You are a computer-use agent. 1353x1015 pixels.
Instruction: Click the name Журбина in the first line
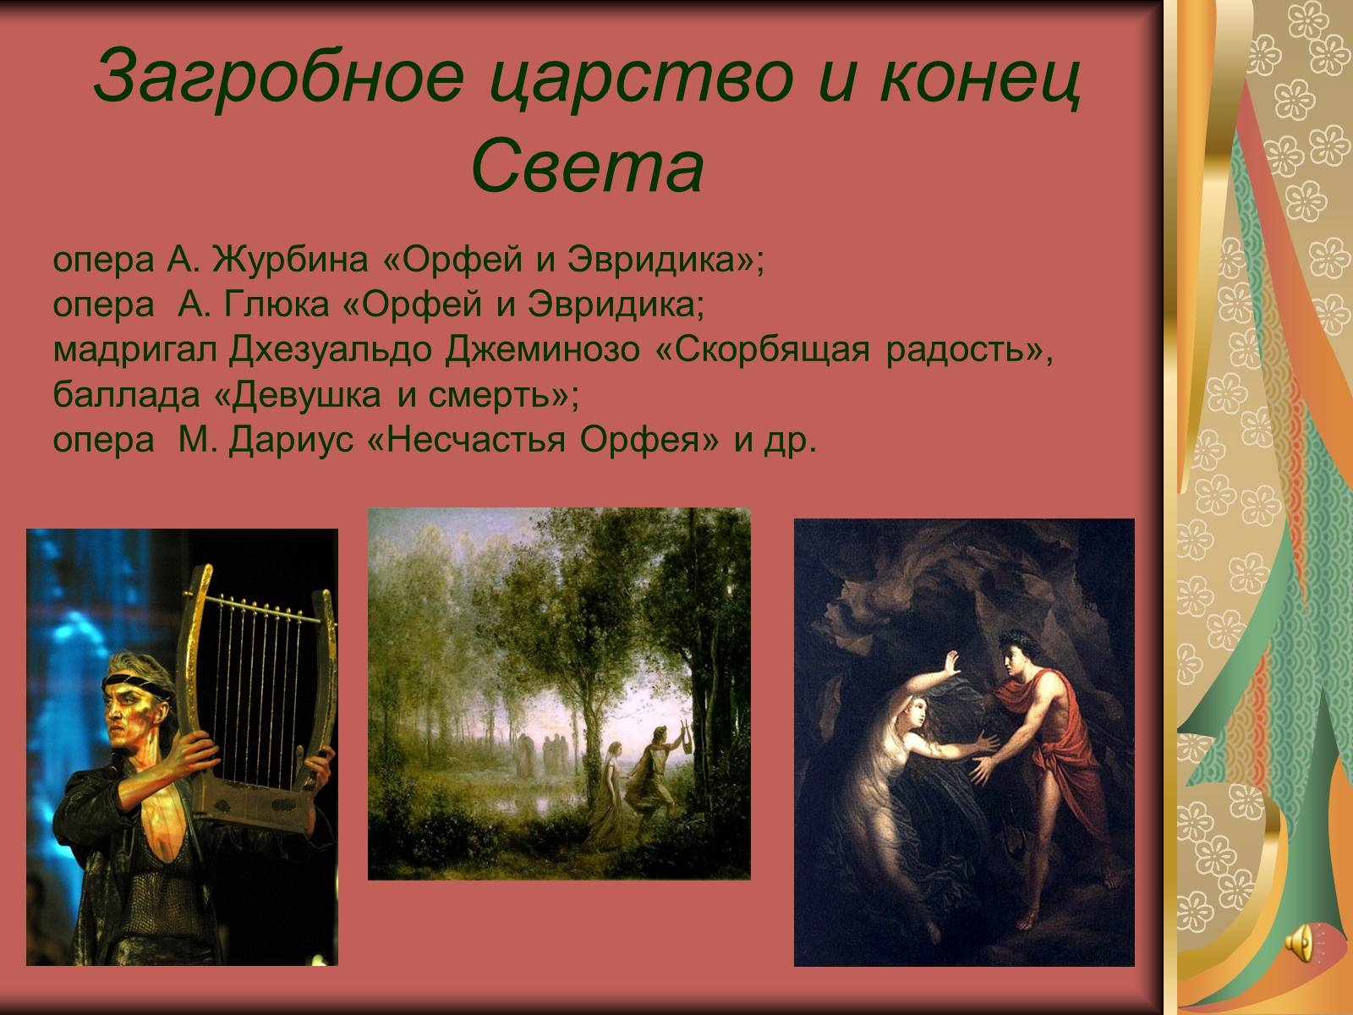point(290,259)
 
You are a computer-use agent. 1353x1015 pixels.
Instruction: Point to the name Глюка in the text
point(277,304)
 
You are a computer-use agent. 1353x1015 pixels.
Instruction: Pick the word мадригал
point(135,351)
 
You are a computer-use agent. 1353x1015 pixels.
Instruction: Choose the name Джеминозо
point(543,349)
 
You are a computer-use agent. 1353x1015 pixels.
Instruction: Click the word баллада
point(126,394)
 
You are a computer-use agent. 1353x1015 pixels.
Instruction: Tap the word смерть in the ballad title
point(490,394)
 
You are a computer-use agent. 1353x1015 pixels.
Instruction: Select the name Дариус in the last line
point(292,441)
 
